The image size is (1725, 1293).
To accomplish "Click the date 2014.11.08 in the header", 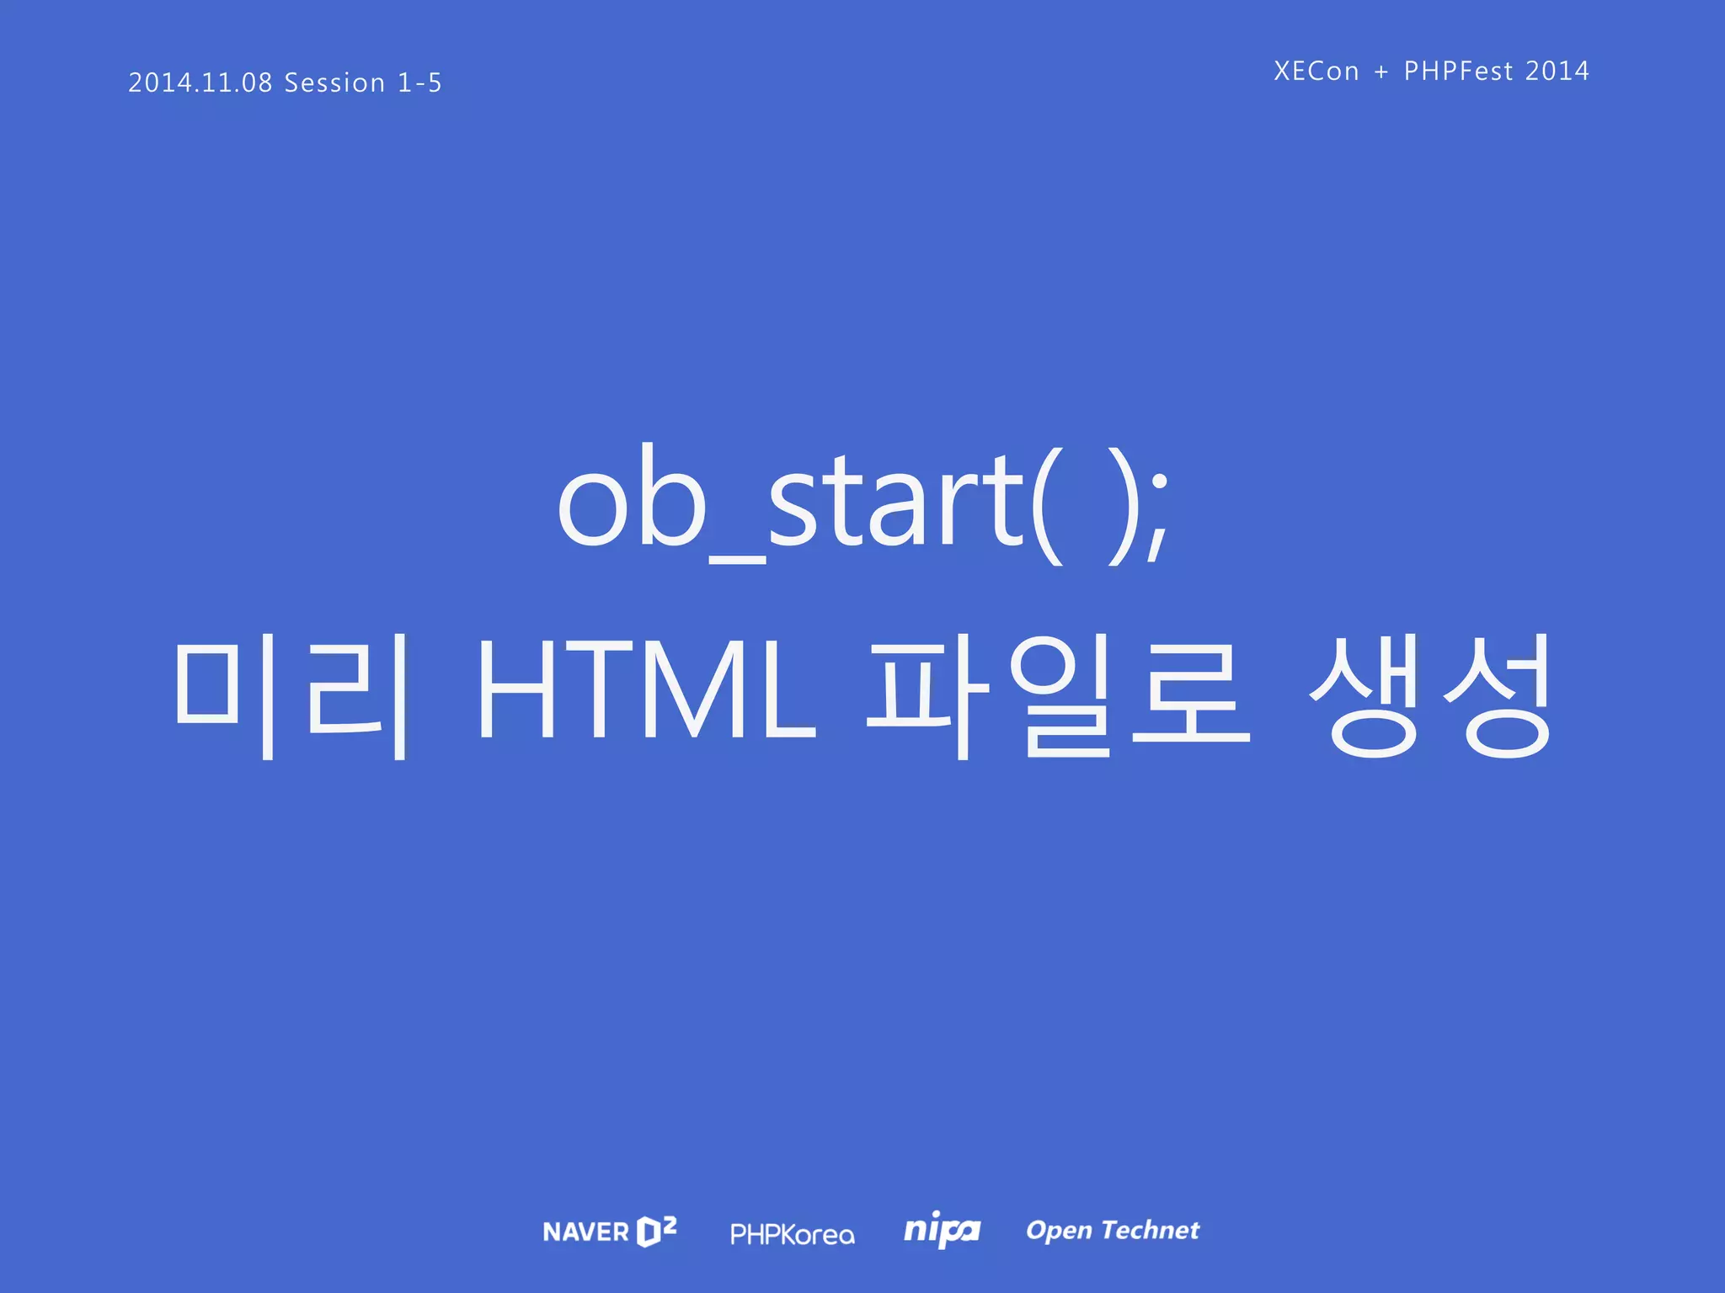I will [200, 82].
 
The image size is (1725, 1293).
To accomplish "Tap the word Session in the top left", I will [334, 82].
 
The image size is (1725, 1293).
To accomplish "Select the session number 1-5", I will [419, 82].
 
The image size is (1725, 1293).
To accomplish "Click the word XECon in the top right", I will [1316, 71].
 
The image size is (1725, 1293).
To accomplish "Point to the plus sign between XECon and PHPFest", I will [1381, 72].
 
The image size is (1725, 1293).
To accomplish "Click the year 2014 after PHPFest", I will [1557, 71].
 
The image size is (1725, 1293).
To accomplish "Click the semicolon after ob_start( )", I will [1158, 513].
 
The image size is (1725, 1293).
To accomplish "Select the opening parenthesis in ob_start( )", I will [1047, 505].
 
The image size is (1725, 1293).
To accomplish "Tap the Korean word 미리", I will [291, 694].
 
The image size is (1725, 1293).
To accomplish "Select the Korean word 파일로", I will [1057, 694].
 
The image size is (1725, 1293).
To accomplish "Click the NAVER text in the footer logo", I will [585, 1232].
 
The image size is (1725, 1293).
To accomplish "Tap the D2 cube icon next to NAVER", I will [656, 1231].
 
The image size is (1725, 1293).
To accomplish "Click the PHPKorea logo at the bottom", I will [792, 1234].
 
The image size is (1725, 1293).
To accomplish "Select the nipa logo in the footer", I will [942, 1230].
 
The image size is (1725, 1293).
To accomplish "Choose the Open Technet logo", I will [1112, 1230].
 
